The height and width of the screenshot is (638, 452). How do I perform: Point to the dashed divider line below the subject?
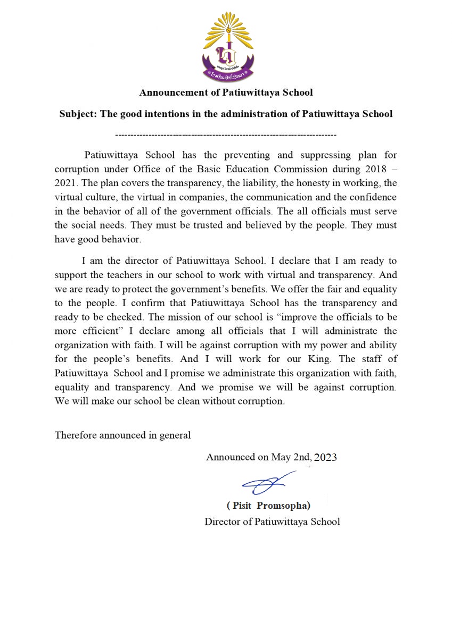[226, 135]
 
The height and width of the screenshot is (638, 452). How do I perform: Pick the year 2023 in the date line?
[325, 457]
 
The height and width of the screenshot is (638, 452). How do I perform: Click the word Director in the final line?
[223, 522]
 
